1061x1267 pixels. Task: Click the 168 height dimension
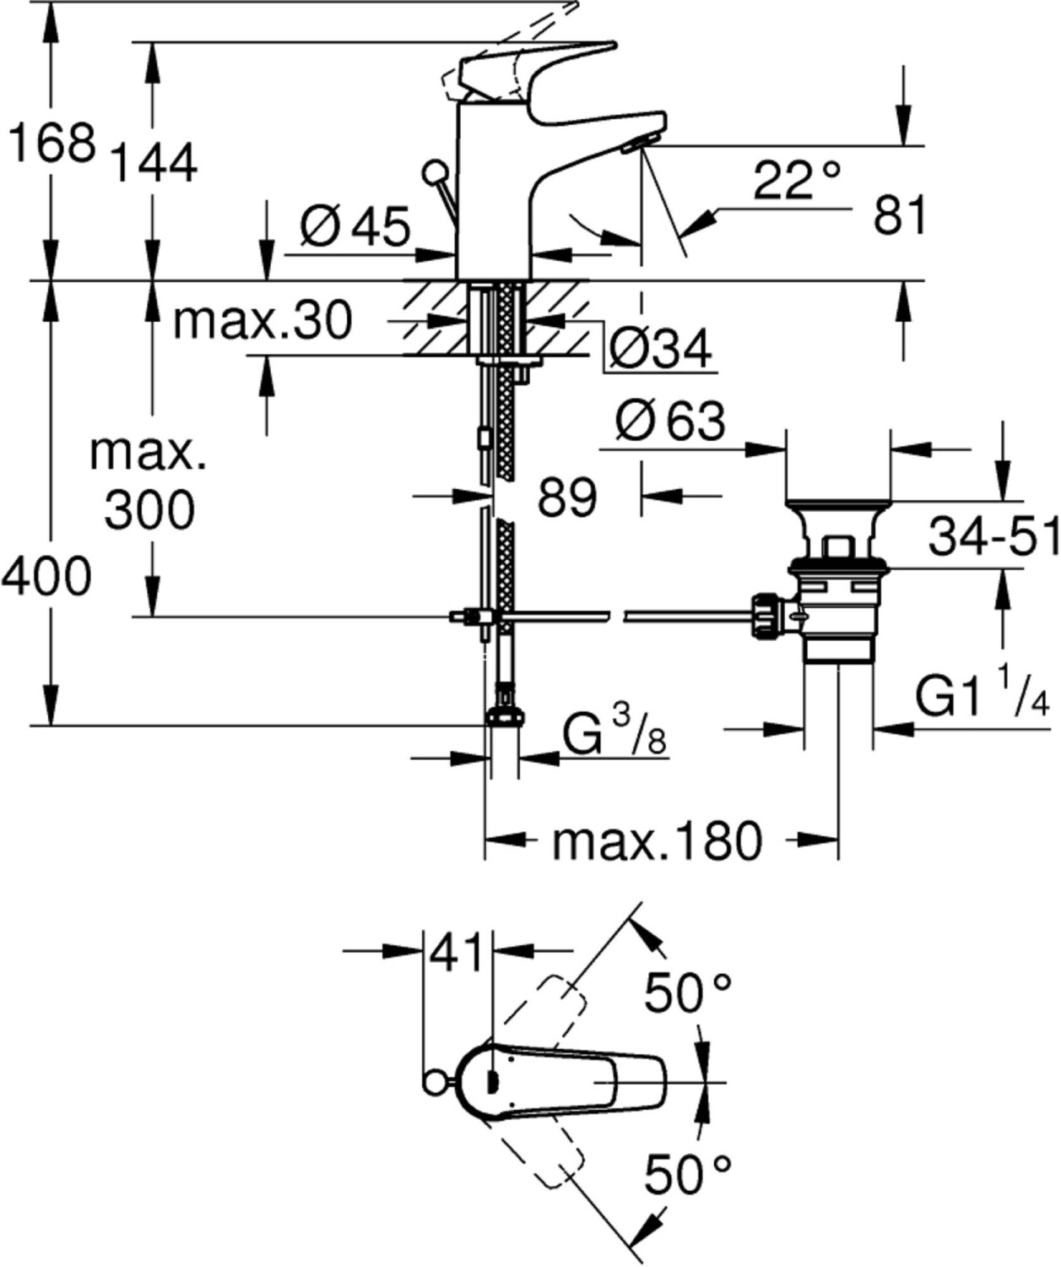pyautogui.click(x=53, y=144)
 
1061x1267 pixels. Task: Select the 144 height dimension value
pyautogui.click(x=155, y=163)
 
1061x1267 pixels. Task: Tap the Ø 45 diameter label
pyautogui.click(x=355, y=227)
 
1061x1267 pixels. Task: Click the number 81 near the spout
pyautogui.click(x=900, y=215)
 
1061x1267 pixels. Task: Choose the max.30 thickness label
pyautogui.click(x=263, y=320)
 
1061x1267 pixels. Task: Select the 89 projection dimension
pyautogui.click(x=567, y=497)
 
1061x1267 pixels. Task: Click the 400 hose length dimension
pyautogui.click(x=46, y=576)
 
